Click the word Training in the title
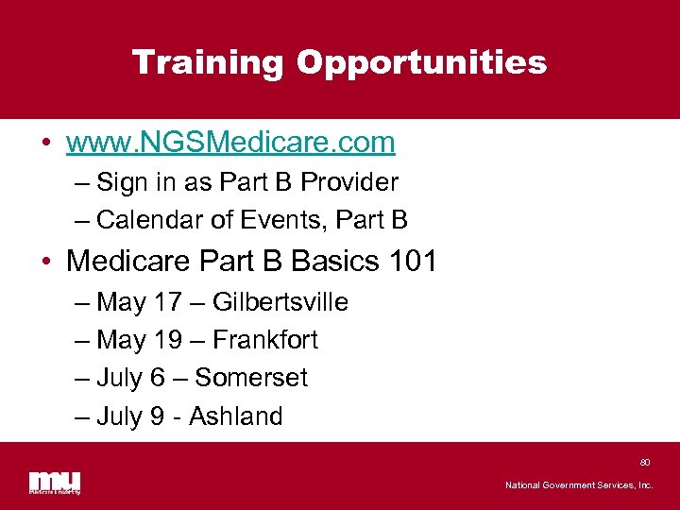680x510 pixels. pos(208,62)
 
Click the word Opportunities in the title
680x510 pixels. pos(421,63)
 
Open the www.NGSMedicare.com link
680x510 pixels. pos(230,143)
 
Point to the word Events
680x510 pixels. pos(281,220)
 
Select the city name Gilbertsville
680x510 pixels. pos(280,302)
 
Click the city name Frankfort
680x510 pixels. pos(265,340)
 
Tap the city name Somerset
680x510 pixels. pos(251,378)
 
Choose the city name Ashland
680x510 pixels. pos(236,416)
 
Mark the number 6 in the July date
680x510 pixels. pos(157,378)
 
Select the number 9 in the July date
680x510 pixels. pos(157,416)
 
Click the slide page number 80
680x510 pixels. pos(645,463)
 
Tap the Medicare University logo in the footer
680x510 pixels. pos(54,482)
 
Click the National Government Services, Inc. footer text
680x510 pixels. pos(579,484)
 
